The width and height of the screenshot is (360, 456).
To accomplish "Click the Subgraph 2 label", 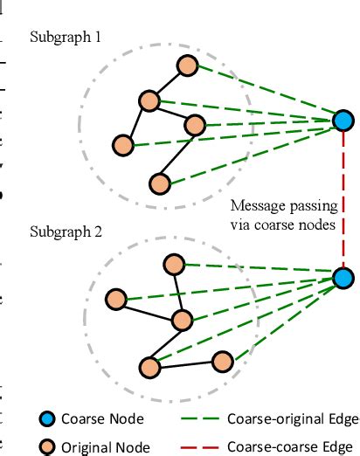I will (x=66, y=233).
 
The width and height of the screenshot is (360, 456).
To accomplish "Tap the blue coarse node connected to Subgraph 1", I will (x=343, y=119).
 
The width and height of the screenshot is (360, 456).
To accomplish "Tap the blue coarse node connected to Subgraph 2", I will (x=343, y=279).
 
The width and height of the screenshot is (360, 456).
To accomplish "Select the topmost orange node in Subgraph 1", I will (x=186, y=66).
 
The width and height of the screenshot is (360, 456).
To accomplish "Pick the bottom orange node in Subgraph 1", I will (x=159, y=183).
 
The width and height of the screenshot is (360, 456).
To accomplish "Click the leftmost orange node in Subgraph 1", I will (x=123, y=144).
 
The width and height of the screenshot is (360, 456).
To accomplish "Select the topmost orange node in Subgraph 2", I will (x=175, y=262).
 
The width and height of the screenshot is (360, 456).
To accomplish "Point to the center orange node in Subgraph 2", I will (x=182, y=320).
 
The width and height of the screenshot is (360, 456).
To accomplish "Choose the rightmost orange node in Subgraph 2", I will (x=223, y=361).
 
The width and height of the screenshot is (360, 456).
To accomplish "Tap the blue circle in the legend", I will (x=48, y=419).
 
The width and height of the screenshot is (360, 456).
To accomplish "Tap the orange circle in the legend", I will (x=48, y=446).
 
